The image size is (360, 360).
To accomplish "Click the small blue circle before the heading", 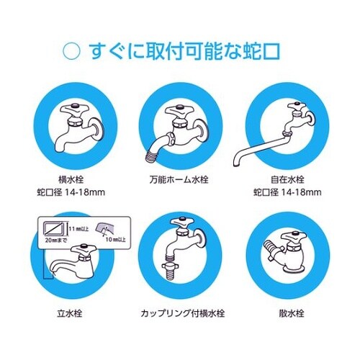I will click(72, 52).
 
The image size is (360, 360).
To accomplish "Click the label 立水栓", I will click(77, 315).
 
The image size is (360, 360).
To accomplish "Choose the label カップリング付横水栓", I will click(179, 315).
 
